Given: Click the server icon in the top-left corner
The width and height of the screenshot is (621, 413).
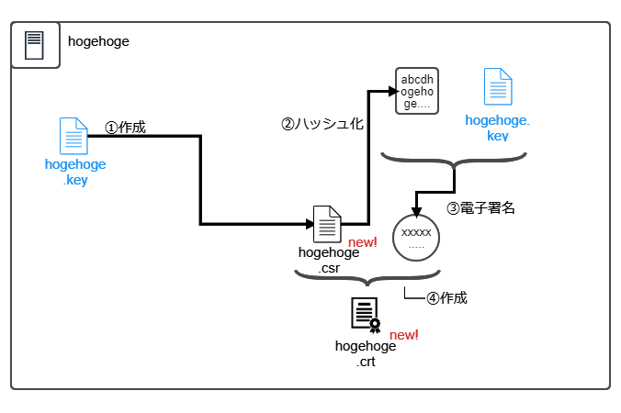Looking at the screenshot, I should [x=35, y=45].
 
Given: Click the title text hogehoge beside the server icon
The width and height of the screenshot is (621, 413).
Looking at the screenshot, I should [x=98, y=41].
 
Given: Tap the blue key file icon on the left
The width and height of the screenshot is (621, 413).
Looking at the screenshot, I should [x=73, y=136].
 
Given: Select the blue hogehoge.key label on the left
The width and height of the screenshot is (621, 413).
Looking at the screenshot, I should [x=75, y=173].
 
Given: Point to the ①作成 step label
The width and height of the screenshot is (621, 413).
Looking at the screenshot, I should [x=125, y=128].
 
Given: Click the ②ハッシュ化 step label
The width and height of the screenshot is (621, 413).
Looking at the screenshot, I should [x=322, y=123].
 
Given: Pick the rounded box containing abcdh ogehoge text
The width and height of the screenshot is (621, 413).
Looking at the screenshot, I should [x=416, y=90].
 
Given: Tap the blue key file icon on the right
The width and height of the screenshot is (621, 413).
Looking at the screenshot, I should [x=498, y=88].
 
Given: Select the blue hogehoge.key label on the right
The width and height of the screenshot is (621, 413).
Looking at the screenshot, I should [x=498, y=128].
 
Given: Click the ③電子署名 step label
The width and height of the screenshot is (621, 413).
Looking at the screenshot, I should [x=480, y=207].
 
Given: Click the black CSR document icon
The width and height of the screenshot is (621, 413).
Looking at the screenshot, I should [x=328, y=224].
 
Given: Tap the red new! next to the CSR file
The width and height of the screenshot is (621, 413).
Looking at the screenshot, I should [x=363, y=242].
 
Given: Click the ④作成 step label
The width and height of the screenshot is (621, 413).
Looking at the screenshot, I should [x=447, y=298].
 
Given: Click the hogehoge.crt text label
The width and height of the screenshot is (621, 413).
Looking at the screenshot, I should [x=366, y=353].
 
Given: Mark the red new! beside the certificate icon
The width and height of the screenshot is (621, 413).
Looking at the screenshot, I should [x=404, y=335].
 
